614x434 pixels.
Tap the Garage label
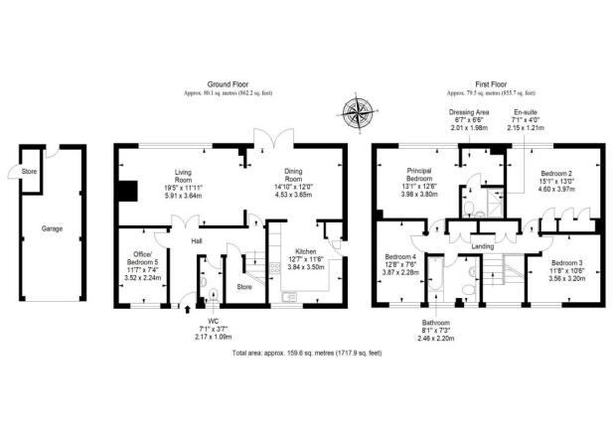click(x=52, y=228)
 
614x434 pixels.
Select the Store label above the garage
click(x=29, y=171)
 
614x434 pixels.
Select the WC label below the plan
click(x=211, y=320)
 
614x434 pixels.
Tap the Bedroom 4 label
click(x=401, y=257)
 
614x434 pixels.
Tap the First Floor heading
click(x=487, y=83)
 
